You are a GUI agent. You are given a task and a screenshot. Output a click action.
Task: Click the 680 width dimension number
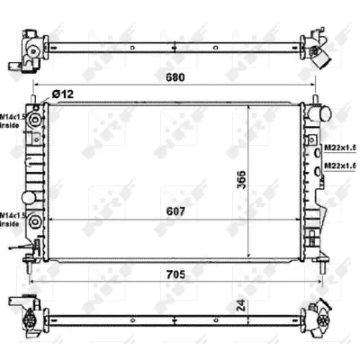175,77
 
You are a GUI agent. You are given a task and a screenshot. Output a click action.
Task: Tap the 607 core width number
175,211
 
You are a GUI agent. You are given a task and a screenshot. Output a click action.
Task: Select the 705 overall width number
175,274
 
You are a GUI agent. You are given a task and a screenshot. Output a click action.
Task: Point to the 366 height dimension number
241,180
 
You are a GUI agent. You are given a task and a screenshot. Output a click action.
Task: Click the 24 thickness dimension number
242,305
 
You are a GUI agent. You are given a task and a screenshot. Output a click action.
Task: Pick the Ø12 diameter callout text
62,94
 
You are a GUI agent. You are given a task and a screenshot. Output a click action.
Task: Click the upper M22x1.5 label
340,148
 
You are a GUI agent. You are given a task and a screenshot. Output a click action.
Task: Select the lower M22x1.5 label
340,166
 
